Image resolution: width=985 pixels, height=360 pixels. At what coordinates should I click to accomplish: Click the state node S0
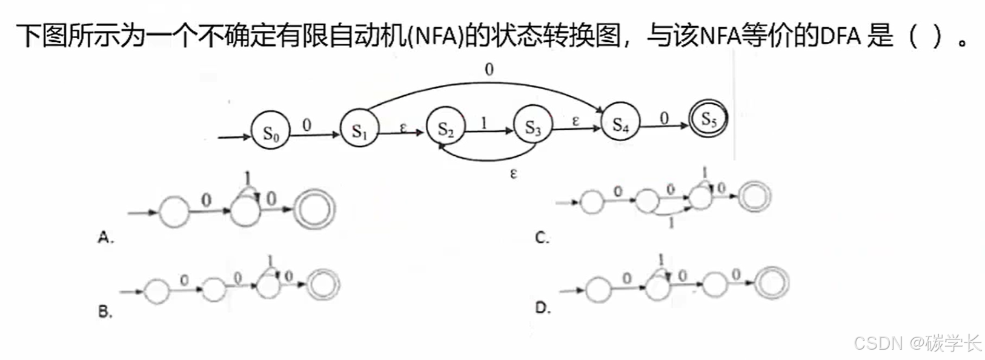(270, 133)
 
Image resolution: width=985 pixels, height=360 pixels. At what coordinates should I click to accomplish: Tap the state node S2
(446, 128)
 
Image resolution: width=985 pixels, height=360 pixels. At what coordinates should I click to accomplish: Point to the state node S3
(533, 127)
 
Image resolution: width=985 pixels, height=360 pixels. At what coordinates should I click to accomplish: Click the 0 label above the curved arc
(489, 70)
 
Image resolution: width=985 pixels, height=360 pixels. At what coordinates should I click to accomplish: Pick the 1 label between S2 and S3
(483, 123)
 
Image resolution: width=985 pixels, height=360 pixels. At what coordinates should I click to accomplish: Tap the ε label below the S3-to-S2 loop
(514, 174)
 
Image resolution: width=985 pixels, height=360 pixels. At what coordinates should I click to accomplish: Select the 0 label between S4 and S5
(664, 118)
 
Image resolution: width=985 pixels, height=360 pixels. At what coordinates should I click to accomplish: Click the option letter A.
(105, 238)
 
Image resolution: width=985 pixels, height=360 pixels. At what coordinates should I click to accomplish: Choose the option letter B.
(105, 312)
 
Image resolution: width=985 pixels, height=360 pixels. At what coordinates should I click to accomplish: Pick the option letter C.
(542, 238)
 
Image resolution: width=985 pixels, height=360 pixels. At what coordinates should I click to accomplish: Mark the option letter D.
(542, 308)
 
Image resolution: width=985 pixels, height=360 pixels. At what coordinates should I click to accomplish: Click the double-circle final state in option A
(314, 210)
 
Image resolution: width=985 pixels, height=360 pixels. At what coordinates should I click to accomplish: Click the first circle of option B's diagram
(156, 291)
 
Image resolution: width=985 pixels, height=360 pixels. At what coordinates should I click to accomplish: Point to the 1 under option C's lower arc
(671, 223)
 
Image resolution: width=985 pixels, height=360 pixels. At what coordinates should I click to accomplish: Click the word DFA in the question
(840, 36)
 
